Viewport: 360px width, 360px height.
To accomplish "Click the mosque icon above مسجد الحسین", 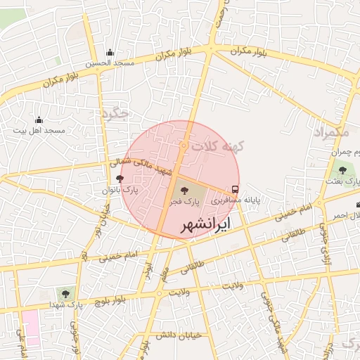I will (x=110, y=53).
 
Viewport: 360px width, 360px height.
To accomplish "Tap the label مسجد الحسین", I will (x=110, y=64).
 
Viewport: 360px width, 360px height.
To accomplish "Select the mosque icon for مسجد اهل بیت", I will (x=39, y=120).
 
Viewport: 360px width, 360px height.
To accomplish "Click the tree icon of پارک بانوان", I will (x=120, y=179).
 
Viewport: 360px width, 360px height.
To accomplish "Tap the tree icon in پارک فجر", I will (x=185, y=189).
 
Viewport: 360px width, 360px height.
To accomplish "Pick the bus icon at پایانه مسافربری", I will (x=235, y=189).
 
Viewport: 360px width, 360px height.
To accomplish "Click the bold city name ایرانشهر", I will (x=206, y=226).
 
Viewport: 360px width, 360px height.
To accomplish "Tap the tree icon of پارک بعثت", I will (x=342, y=169).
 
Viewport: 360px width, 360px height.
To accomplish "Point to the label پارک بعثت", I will (x=342, y=181).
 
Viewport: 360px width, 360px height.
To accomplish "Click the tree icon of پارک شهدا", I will (x=66, y=293).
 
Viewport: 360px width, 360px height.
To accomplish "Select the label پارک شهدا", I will (x=66, y=305).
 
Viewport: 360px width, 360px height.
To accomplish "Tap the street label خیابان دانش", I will (x=180, y=335).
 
